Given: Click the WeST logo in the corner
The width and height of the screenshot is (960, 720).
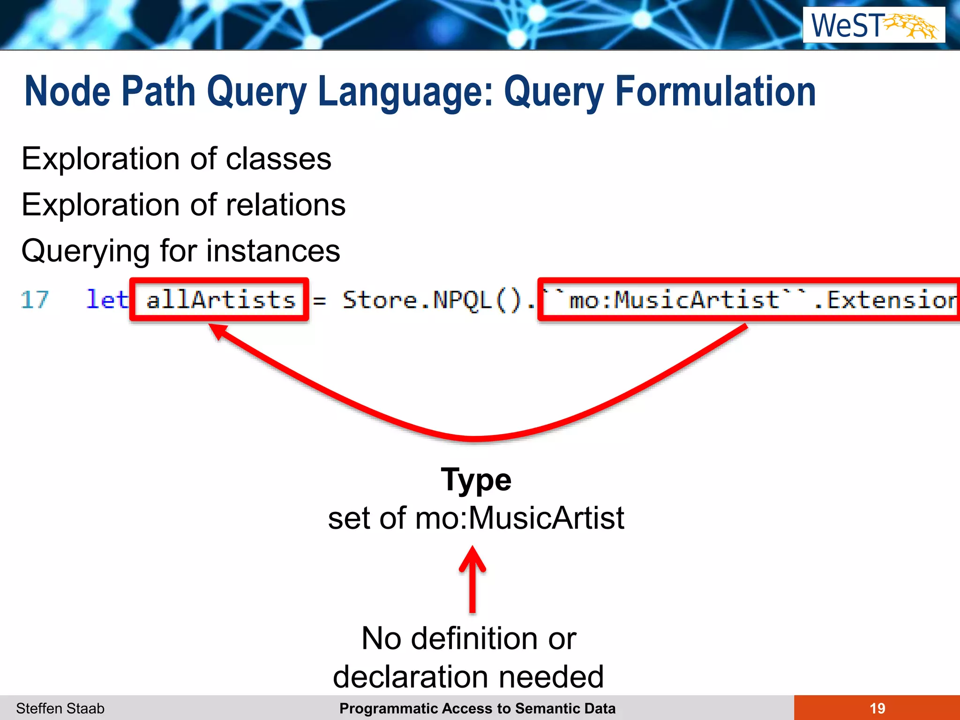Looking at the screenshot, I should (x=874, y=25).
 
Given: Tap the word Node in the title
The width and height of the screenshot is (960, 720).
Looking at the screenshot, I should (x=67, y=91).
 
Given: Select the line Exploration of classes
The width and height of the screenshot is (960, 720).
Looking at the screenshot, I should (x=176, y=159).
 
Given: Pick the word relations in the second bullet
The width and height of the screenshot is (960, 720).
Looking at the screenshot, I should (x=285, y=205).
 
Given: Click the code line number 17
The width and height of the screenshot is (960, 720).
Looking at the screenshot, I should (x=35, y=300).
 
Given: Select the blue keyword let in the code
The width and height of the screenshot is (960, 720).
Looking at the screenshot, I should (x=107, y=300).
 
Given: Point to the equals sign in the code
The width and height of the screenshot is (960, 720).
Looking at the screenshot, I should (x=320, y=300).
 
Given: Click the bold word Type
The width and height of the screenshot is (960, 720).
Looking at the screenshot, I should (x=476, y=480).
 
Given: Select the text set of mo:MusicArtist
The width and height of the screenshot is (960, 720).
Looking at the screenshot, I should (x=476, y=518).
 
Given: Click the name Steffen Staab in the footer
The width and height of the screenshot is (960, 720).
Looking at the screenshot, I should (x=60, y=708).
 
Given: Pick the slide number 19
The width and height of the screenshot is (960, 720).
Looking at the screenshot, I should (x=877, y=708).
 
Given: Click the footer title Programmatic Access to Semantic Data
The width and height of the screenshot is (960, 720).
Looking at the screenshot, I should (x=477, y=708).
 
